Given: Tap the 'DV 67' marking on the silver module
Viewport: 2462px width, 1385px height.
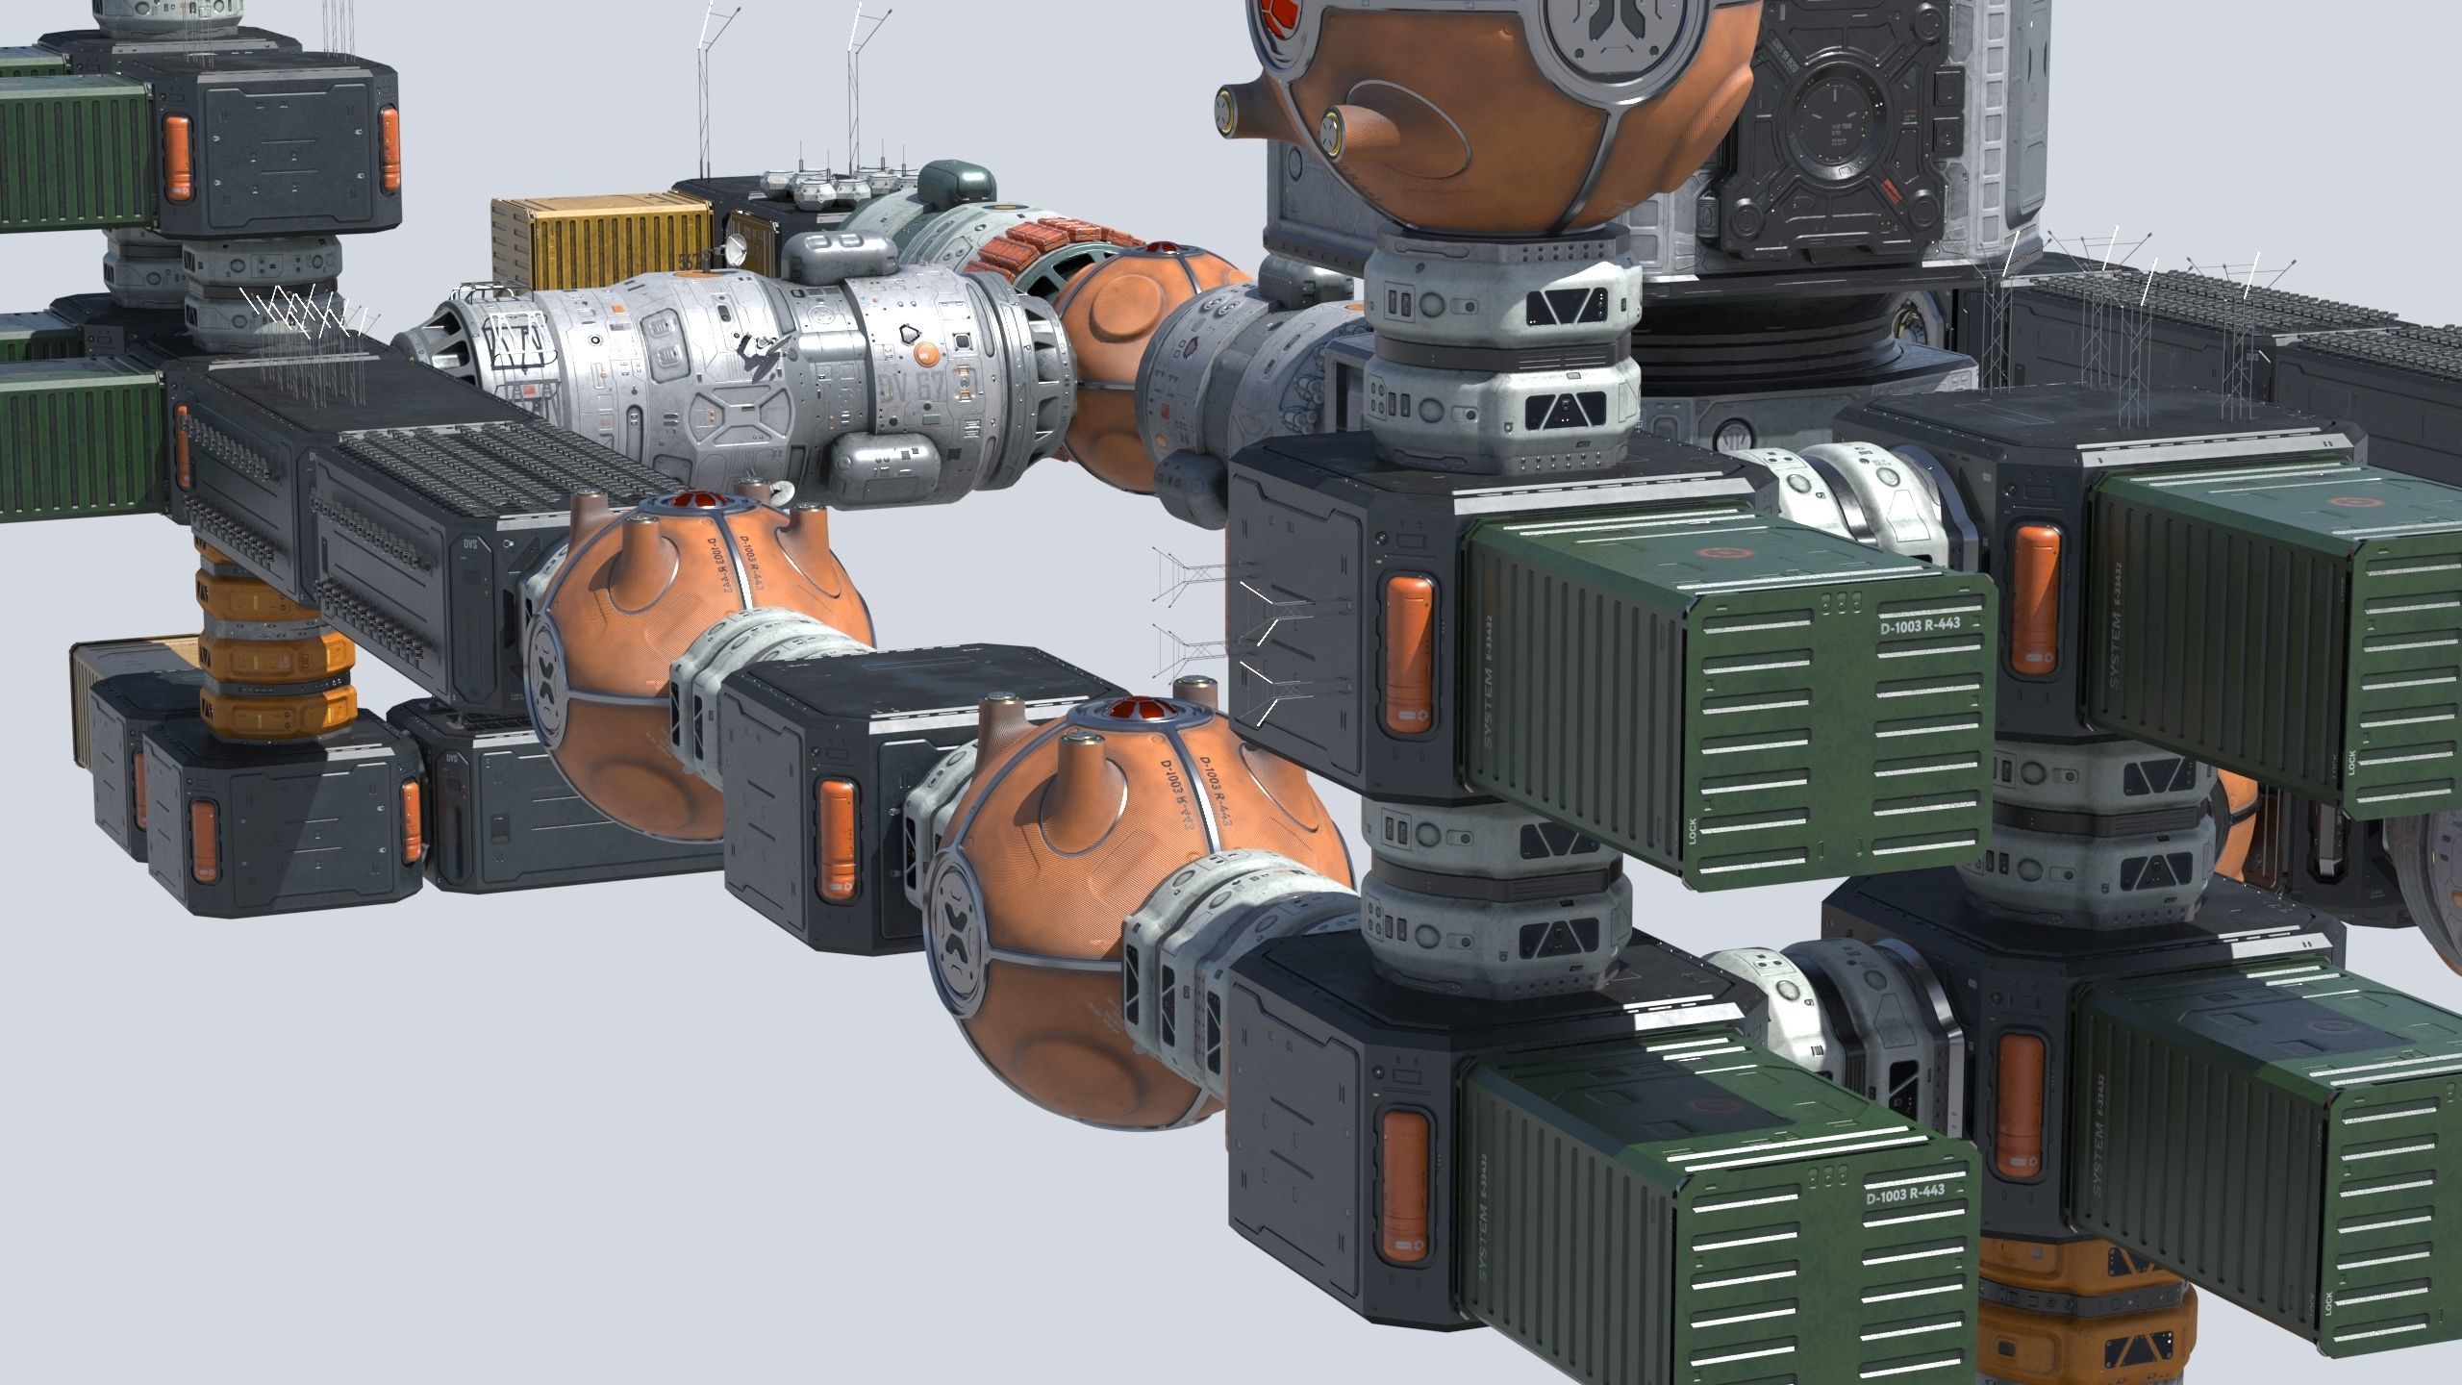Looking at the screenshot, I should point(908,386).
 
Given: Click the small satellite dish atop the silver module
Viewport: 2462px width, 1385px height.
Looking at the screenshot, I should point(736,249).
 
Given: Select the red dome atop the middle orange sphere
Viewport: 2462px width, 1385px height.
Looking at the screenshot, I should point(689,502).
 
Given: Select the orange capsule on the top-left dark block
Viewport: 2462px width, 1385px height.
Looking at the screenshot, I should point(179,159).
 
